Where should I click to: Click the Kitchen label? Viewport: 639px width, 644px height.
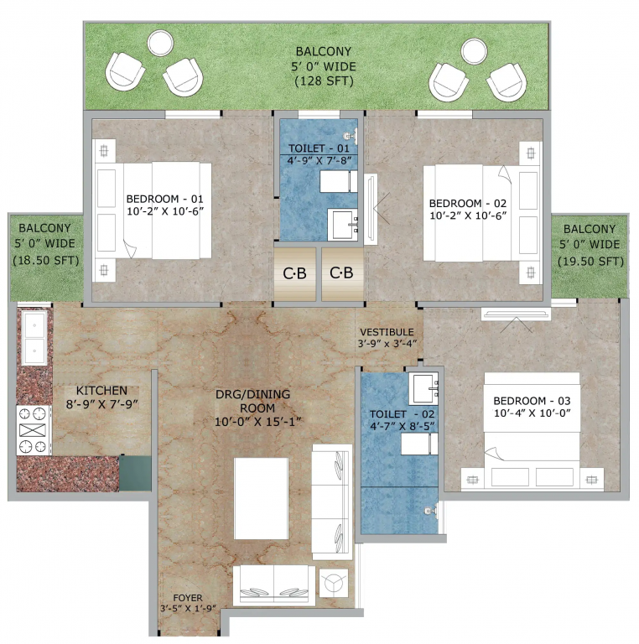click(101, 391)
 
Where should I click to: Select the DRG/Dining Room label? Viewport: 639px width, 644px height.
click(245, 399)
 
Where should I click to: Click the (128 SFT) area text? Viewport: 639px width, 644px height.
click(324, 81)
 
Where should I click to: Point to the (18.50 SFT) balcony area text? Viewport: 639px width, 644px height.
click(45, 260)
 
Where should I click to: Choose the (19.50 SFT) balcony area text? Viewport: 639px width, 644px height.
click(591, 262)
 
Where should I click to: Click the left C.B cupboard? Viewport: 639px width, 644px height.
click(294, 273)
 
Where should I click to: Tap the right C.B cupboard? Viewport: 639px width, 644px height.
click(341, 273)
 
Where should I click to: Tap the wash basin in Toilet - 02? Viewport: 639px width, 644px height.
click(423, 387)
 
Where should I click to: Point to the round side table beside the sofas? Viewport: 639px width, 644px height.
click(335, 581)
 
